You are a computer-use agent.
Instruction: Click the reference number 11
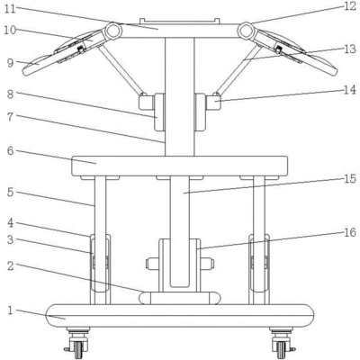[x=10, y=9]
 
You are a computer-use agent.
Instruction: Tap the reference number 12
[x=350, y=6]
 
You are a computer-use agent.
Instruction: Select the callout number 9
[x=11, y=63]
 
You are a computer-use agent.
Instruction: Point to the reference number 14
[x=349, y=90]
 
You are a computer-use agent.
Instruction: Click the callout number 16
[x=350, y=232]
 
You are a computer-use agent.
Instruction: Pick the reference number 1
[x=11, y=310]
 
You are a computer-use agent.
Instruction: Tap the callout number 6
[x=11, y=151]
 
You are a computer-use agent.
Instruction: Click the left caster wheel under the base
[x=78, y=348]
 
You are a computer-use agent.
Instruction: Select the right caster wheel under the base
[x=282, y=348]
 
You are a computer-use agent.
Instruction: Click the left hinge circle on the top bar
[x=113, y=31]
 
